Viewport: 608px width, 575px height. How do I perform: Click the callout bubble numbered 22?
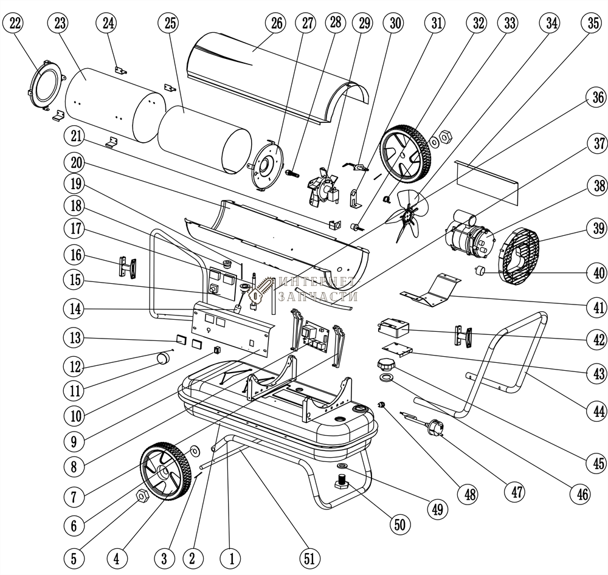coord(15,24)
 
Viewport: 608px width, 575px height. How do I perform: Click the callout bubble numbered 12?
coord(74,365)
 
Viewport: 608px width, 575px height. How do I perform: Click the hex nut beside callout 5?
coord(142,496)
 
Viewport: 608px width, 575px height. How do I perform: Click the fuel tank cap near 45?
coord(385,365)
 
